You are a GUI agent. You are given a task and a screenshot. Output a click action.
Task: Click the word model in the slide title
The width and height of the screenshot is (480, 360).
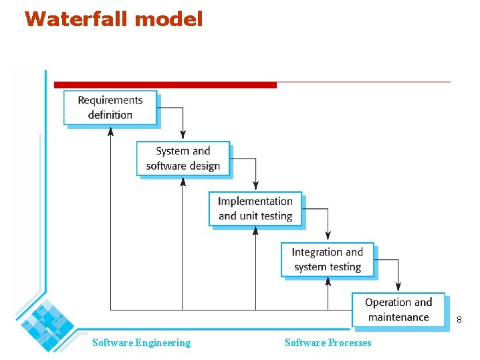click(x=169, y=19)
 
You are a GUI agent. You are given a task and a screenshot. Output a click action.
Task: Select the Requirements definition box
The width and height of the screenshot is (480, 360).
click(x=110, y=108)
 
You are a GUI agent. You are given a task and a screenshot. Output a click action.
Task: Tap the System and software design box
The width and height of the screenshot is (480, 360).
click(x=183, y=159)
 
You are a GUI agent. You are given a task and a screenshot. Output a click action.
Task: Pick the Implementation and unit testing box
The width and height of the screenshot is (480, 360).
click(x=255, y=209)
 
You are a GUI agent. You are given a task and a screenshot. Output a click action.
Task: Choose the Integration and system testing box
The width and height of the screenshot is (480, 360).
click(x=328, y=260)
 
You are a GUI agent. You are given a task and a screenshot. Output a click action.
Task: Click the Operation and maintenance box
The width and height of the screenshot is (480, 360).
click(x=398, y=310)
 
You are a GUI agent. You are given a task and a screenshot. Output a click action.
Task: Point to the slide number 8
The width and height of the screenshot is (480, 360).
click(x=459, y=321)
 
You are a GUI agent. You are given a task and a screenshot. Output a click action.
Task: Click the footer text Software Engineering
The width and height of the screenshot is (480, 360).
click(x=141, y=343)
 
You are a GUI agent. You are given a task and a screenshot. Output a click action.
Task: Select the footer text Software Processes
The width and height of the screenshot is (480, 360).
click(x=328, y=343)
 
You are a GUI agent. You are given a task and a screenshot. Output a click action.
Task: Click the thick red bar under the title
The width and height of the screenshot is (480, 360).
click(x=165, y=85)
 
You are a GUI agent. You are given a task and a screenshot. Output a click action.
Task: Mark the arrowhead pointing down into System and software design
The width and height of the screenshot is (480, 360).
click(x=183, y=137)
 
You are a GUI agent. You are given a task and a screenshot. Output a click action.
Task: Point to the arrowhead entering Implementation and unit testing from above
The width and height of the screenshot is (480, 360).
click(x=255, y=187)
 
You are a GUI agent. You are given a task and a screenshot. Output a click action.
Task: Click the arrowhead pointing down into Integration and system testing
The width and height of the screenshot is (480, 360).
click(x=328, y=238)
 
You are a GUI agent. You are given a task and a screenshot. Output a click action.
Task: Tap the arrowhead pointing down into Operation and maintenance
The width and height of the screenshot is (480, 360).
click(x=398, y=288)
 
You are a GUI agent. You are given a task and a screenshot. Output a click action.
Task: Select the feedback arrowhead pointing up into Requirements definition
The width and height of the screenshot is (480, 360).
click(x=110, y=130)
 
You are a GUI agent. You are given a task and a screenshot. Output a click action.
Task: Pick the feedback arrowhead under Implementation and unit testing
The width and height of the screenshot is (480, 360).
click(x=255, y=231)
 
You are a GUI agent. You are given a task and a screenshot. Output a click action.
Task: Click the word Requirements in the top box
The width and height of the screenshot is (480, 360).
click(x=110, y=100)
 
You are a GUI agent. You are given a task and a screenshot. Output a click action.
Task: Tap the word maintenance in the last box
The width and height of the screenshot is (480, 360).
click(x=398, y=317)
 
